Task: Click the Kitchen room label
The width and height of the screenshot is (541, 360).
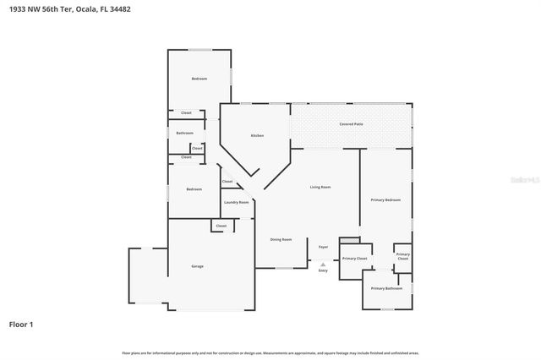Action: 257,136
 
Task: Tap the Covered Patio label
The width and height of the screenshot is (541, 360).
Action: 352,124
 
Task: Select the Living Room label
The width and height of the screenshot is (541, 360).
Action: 320,187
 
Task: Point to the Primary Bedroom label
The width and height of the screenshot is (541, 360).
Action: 385,199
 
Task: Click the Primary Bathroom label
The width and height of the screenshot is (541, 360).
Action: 387,288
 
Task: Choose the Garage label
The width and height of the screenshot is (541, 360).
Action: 197,266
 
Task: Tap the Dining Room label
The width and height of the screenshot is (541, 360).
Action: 281,240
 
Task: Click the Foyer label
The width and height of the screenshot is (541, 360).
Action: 323,247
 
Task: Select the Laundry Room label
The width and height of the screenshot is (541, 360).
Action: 236,202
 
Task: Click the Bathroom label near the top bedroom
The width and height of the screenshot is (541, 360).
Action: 184,133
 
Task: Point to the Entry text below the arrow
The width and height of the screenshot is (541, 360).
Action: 323,270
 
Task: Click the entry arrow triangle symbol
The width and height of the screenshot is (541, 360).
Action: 323,264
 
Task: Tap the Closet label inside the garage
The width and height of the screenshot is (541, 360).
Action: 221,226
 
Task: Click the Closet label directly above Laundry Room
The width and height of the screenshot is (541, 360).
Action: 227,182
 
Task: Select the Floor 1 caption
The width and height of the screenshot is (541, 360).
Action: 21,324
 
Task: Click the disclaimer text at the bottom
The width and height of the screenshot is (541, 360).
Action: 270,352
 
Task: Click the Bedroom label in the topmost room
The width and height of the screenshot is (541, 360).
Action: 199,79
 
